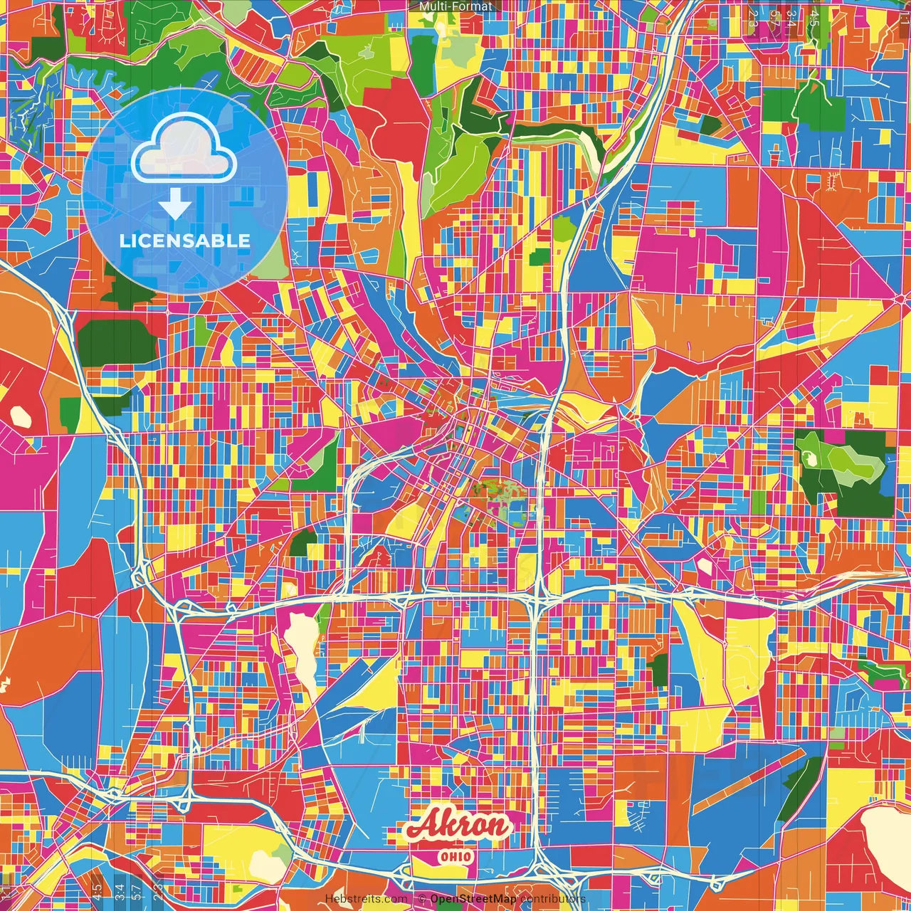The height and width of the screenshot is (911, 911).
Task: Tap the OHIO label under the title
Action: [455, 856]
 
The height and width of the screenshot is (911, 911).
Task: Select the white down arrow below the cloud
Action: [174, 204]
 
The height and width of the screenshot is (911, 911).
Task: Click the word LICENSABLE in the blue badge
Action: [184, 241]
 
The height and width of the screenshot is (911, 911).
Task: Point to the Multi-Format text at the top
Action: [455, 6]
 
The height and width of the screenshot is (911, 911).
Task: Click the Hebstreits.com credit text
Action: [366, 899]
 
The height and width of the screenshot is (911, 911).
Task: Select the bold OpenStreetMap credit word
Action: [473, 899]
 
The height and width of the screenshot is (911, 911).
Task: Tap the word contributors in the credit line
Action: [552, 899]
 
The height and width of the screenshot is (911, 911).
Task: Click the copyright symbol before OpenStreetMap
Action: [421, 899]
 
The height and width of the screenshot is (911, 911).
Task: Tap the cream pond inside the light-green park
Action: [809, 459]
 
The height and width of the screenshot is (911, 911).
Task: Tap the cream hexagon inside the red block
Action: [20, 416]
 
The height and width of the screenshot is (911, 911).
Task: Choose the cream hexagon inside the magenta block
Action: [705, 566]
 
